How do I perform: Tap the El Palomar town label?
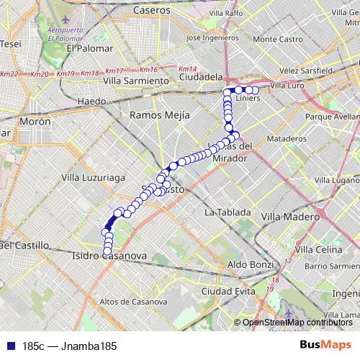click(90, 48)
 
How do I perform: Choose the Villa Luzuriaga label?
click(94, 176)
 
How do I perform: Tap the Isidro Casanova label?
click(109, 256)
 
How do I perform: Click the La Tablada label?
click(228, 212)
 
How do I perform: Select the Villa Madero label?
click(285, 216)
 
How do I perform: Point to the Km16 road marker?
click(149, 70)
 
